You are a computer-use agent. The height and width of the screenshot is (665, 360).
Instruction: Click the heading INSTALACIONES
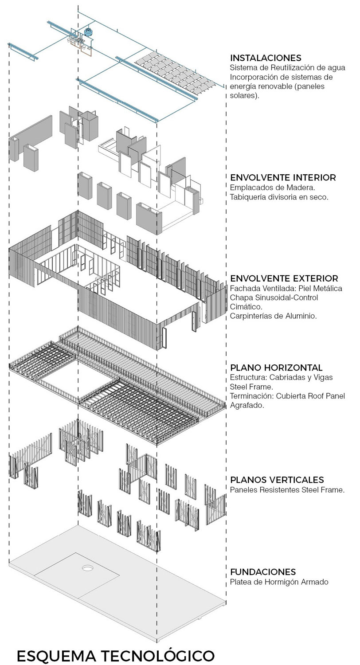[x=266, y=58]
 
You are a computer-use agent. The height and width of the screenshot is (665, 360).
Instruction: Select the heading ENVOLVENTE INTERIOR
[x=283, y=177]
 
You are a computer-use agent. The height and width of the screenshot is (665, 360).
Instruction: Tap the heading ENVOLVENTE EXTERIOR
[x=284, y=278]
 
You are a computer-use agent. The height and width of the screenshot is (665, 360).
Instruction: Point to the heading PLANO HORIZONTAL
[x=276, y=368]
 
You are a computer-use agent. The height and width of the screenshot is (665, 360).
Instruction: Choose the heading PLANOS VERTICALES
[x=277, y=480]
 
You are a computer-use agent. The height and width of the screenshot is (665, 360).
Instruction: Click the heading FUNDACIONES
[x=263, y=572]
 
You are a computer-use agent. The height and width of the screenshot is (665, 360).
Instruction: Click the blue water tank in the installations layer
[x=88, y=32]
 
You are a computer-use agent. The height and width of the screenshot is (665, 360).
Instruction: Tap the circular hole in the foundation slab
[x=87, y=568]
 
